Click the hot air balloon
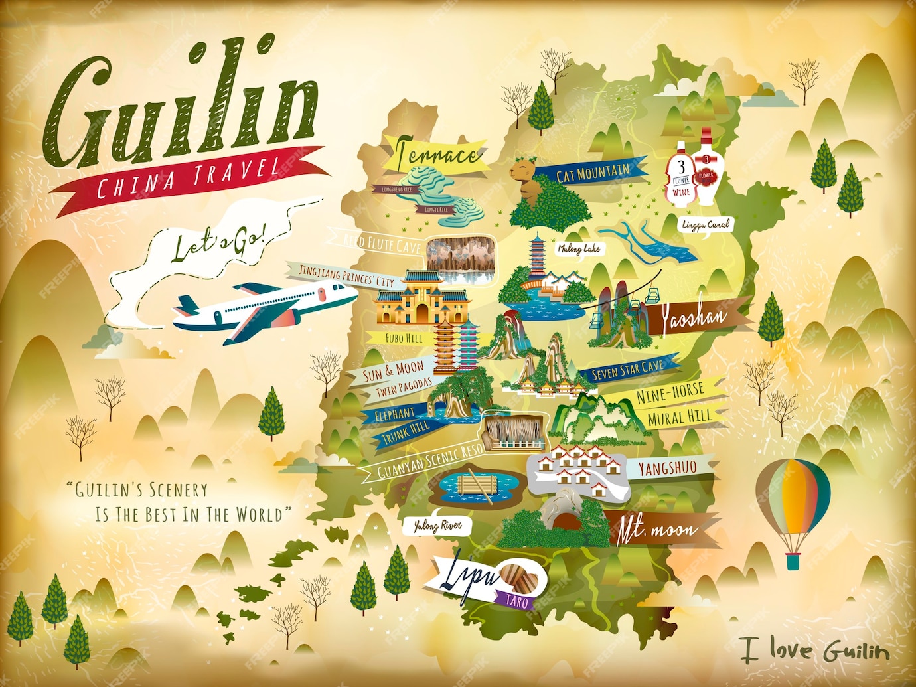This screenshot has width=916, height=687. click(x=793, y=498)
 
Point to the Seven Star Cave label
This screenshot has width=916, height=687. click(x=627, y=370)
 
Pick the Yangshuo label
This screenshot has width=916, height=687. click(x=667, y=468)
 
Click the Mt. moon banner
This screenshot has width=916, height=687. click(x=657, y=530)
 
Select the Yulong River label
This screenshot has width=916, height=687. click(x=437, y=526)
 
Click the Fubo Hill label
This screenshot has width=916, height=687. click(x=404, y=338)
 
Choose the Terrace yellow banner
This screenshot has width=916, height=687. click(x=438, y=155)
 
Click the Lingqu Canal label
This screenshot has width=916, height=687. click(x=706, y=225)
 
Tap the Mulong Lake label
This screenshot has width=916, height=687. click(x=578, y=248)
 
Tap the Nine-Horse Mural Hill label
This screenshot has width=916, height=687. click(x=673, y=404)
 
